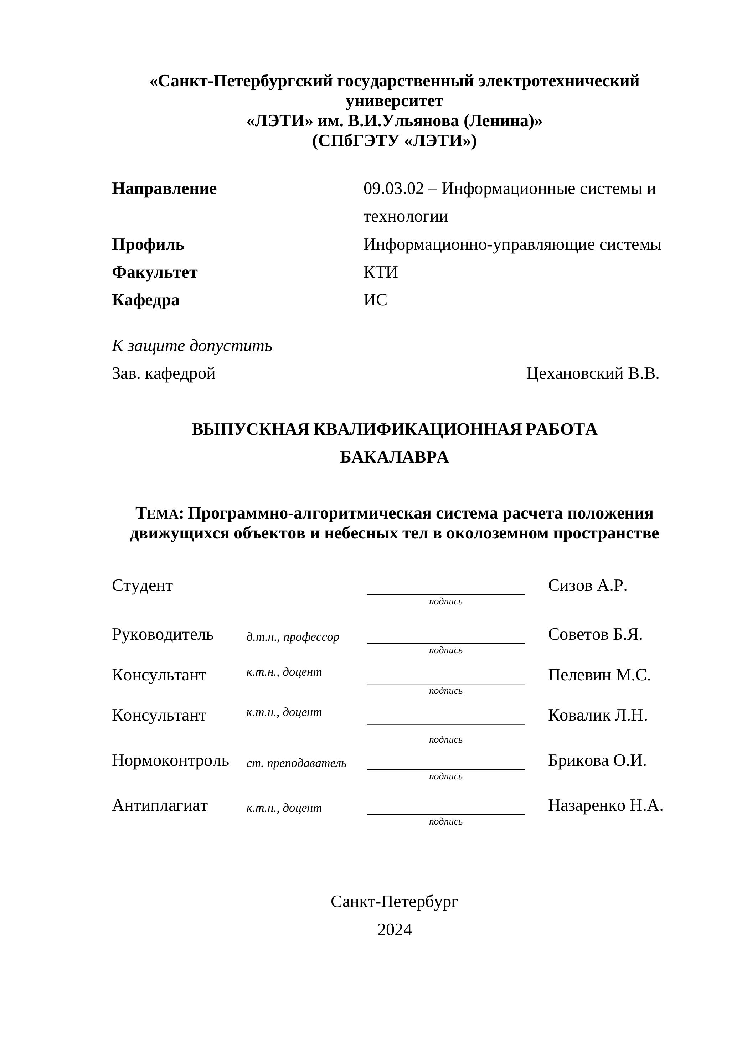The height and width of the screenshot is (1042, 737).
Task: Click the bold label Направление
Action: tap(164, 189)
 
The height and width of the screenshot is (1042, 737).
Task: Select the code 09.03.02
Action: tap(393, 189)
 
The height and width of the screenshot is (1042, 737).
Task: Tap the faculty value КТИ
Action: tap(380, 272)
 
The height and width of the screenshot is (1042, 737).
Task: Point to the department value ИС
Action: tap(375, 300)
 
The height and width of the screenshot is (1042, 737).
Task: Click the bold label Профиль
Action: tap(148, 244)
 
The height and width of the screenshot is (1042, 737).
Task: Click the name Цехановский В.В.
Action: tap(592, 373)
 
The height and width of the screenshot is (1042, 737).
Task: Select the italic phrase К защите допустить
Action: tap(192, 345)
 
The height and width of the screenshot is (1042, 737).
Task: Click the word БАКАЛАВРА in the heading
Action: tap(394, 457)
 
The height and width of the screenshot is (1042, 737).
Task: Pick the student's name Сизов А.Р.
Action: tap(587, 586)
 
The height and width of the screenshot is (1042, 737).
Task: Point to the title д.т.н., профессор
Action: tap(293, 637)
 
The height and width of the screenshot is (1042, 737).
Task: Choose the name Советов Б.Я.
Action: tap(595, 634)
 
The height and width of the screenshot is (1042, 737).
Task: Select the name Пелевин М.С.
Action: tap(599, 675)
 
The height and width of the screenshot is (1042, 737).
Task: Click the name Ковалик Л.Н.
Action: tap(597, 715)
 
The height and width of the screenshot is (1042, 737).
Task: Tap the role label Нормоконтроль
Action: tap(170, 760)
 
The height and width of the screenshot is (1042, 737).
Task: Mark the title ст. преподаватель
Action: tap(297, 763)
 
